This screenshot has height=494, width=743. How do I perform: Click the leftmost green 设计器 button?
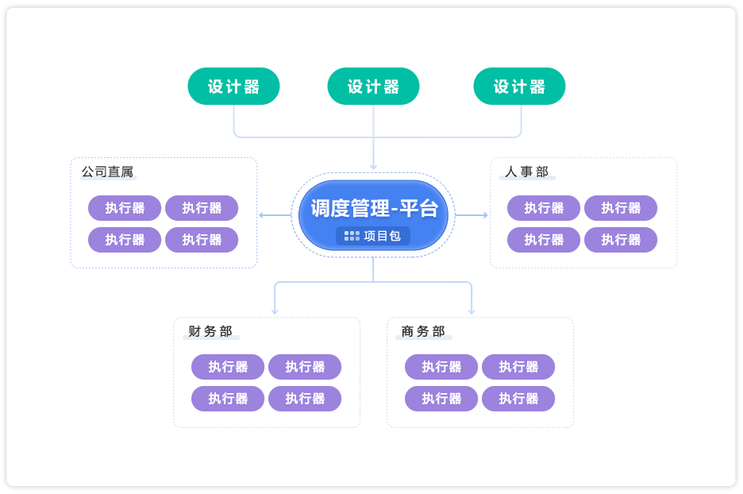point(233,87)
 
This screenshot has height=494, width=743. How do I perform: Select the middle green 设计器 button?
point(373,87)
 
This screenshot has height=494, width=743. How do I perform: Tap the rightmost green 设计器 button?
point(519,87)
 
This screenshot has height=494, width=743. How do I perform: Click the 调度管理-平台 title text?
point(374,208)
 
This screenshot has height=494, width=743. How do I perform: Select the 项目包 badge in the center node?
point(373,236)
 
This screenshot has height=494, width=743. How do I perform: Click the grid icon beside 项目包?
point(352,236)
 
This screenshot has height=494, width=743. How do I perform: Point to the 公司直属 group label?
point(107,172)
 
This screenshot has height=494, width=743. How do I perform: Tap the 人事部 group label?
point(526,172)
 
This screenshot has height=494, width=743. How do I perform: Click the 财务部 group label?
point(210,332)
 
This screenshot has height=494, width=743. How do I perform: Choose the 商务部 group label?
point(423,332)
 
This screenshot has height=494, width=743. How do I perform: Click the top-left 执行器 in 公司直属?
point(125,208)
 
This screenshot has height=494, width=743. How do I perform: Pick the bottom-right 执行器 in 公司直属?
point(202,240)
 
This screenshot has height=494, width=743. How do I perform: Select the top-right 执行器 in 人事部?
point(621,208)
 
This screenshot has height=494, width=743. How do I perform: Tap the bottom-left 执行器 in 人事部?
point(544,240)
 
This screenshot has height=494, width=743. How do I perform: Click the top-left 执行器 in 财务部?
point(228,367)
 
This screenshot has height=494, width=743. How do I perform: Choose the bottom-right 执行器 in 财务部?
point(305,399)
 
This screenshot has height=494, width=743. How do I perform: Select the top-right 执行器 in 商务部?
point(518,367)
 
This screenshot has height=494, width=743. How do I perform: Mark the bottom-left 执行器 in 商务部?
point(441,399)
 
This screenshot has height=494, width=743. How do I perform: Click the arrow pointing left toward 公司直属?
point(264,214)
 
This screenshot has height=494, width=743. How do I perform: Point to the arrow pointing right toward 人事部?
point(483,214)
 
